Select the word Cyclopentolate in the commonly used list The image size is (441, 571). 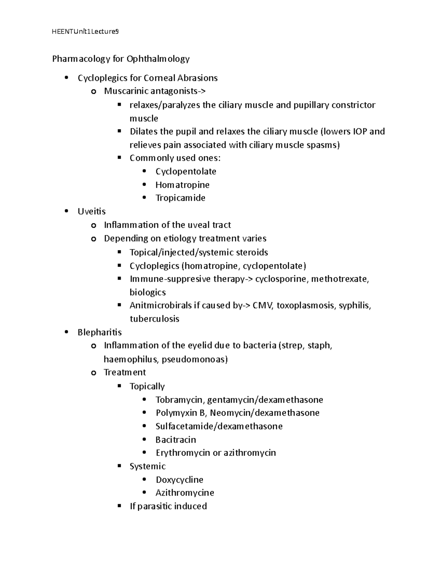tap(186, 172)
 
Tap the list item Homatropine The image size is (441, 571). tap(182, 185)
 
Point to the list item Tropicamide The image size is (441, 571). tap(180, 198)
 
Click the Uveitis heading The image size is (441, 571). tap(92, 211)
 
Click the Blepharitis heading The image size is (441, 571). tap(100, 332)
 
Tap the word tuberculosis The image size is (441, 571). tap(154, 319)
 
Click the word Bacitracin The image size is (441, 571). tap(176, 440)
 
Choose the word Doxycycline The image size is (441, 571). tap(179, 480)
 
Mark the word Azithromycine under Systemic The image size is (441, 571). tap(184, 493)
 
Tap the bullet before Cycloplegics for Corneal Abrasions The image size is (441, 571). tap(66, 78)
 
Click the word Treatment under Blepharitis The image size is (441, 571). tap(125, 372)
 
